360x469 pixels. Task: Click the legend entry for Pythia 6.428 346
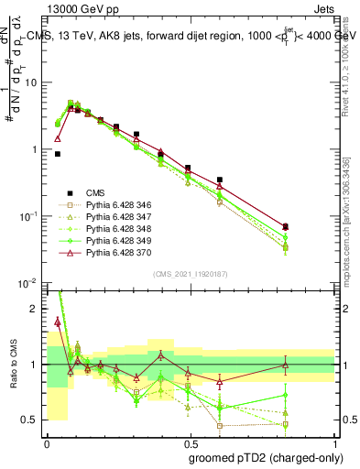(115, 206)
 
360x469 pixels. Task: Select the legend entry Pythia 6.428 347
(115, 218)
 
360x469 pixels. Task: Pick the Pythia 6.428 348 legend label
(115, 230)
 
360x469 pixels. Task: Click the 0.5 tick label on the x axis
(191, 441)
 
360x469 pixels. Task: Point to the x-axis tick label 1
(334, 441)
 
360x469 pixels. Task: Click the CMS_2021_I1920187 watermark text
(191, 273)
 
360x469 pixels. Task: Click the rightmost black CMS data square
(286, 226)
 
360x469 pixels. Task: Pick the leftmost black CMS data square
(57, 154)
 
